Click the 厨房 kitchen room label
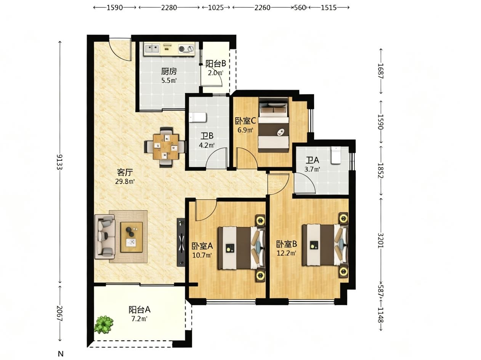point(169,71)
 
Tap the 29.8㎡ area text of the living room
point(125,181)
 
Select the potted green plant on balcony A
point(104,324)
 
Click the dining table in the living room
point(166,147)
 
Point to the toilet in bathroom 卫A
point(336,155)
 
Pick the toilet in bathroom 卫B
point(198,118)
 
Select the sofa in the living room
point(105,237)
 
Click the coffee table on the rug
point(131,237)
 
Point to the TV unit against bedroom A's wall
point(181,242)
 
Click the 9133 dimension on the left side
point(59,162)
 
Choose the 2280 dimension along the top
point(169,8)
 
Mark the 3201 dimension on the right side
point(381,240)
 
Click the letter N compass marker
point(61,354)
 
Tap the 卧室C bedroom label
point(245,121)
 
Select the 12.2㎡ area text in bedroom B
point(286,253)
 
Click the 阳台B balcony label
point(216,64)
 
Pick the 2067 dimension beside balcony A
point(59,314)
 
